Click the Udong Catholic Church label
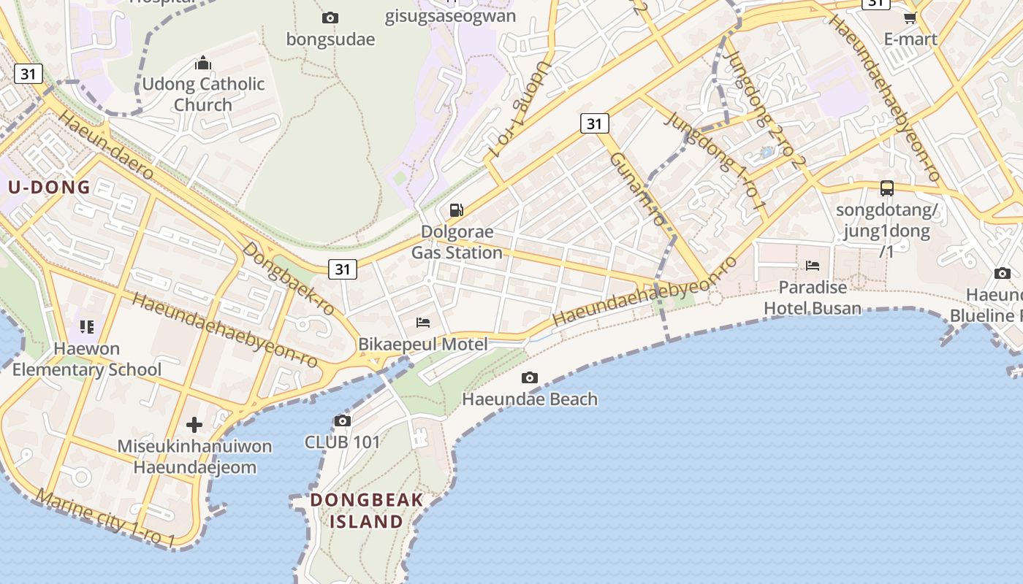[x=203, y=94]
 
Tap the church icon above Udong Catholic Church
[x=203, y=63]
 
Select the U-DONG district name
[x=49, y=187]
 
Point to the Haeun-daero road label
[x=106, y=145]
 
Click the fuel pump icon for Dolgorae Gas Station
[x=457, y=210]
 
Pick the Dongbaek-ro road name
[x=289, y=278]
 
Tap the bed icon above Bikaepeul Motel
[x=423, y=322]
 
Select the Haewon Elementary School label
[x=87, y=358]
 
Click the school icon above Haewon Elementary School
[x=87, y=326]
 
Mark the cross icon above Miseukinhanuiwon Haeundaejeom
[x=194, y=424]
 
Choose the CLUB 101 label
[x=343, y=442]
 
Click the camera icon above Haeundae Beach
[x=530, y=377]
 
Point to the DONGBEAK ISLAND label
[x=367, y=510]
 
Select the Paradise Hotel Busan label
[x=813, y=297]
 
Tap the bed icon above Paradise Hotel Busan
[x=813, y=265]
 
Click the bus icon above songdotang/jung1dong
[x=887, y=188]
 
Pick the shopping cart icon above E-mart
[x=910, y=18]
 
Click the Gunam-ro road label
[x=638, y=188]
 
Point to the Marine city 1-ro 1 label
[x=105, y=518]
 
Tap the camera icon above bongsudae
[x=330, y=18]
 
